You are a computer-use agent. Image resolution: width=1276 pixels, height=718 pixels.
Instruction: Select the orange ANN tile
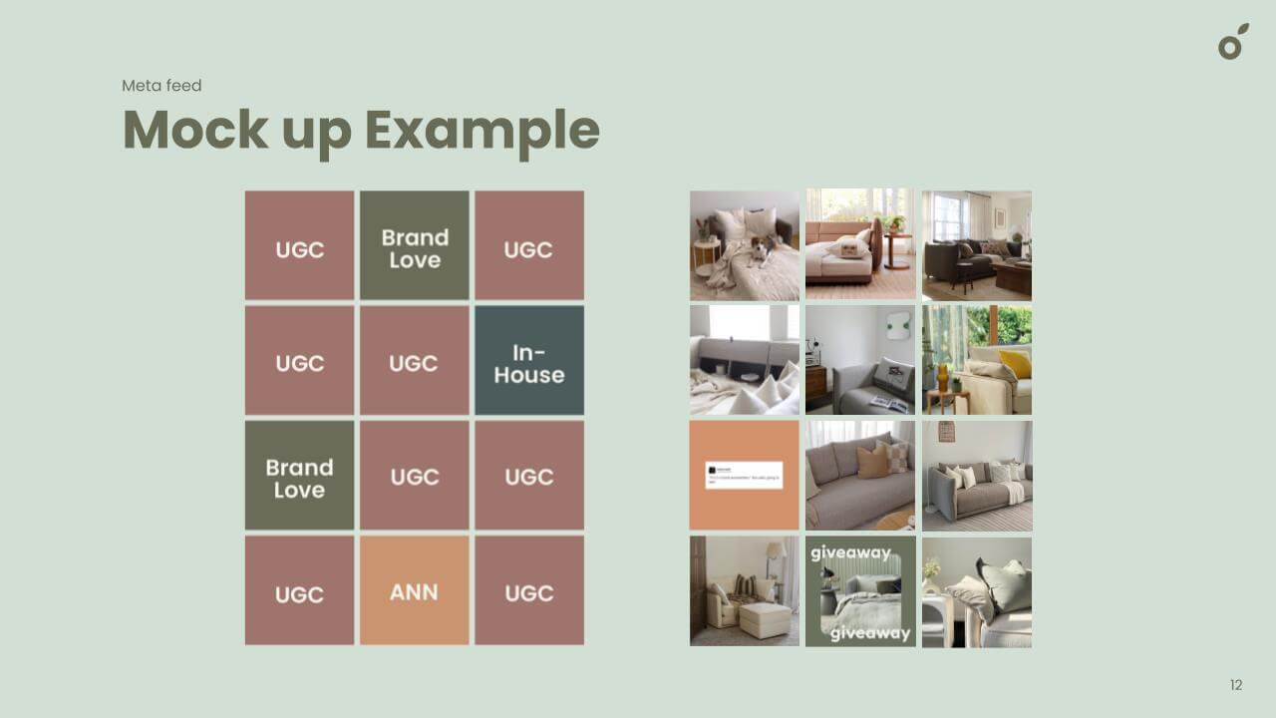tap(414, 590)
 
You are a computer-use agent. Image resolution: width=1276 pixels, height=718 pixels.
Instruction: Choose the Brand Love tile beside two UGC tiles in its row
tap(299, 476)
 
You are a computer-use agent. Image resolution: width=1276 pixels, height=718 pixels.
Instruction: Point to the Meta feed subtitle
tap(161, 86)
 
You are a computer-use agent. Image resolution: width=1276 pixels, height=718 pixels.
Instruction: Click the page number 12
tap(1236, 685)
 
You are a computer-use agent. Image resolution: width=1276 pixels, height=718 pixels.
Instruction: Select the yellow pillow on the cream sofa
tap(1014, 364)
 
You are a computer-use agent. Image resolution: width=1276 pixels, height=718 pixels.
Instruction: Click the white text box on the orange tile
tap(744, 475)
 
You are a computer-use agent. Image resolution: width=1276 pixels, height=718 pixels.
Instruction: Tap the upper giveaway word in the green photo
tap(850, 552)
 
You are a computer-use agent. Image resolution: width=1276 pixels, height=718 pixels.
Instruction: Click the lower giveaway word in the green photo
tap(870, 633)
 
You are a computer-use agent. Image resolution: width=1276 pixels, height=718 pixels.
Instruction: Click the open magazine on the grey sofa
tap(887, 403)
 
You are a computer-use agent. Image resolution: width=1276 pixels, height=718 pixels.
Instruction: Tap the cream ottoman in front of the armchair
tap(763, 620)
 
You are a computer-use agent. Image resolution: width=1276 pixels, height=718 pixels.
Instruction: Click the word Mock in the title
tap(196, 130)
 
